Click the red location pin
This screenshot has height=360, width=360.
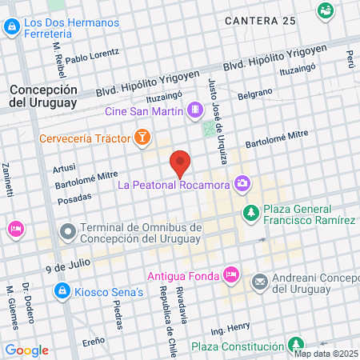[x=180, y=163]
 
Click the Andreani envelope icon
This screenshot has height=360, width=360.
[x=260, y=282]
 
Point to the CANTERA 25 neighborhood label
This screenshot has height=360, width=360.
[x=261, y=18]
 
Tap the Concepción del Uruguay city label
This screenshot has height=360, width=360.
[x=44, y=96]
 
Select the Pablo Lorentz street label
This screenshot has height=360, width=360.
[x=91, y=58]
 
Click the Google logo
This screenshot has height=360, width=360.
[x=26, y=350]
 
